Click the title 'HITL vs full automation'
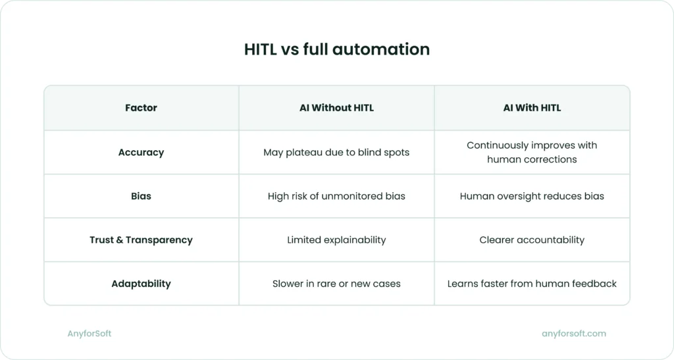tap(336, 49)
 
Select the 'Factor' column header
tap(141, 108)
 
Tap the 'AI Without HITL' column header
tap(336, 108)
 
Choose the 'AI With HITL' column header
tap(532, 108)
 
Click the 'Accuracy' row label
tap(141, 152)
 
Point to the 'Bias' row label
tap(141, 196)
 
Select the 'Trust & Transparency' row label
tap(141, 240)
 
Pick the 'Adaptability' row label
tap(141, 284)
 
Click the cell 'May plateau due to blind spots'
tap(336, 152)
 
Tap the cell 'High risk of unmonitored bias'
tap(336, 196)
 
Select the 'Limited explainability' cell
tap(336, 240)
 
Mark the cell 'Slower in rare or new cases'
tap(336, 284)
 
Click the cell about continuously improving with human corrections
tap(532, 152)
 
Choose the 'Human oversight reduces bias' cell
tap(532, 196)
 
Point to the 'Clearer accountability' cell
tap(532, 240)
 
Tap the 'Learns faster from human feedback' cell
tap(532, 284)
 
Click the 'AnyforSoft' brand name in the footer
tap(90, 334)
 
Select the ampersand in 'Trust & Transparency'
tap(120, 240)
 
